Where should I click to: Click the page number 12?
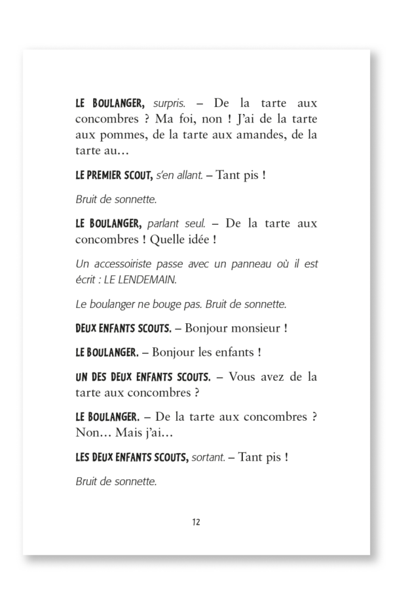click(196, 522)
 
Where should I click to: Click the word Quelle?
click(170, 239)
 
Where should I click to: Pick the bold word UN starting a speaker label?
click(83, 377)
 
